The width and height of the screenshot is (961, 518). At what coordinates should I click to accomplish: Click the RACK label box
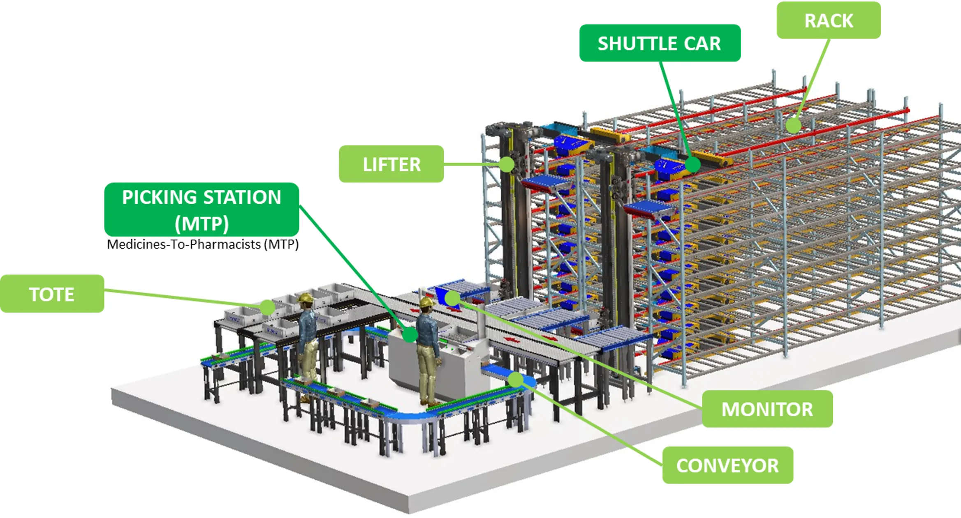coord(828,21)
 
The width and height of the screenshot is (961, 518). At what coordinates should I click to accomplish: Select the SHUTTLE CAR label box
coord(660,43)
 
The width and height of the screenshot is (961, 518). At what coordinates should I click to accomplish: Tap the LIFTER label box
coord(391,164)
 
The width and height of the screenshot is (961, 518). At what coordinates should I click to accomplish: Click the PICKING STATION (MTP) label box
coord(201,210)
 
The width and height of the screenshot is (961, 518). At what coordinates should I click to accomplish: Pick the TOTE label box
coord(52,294)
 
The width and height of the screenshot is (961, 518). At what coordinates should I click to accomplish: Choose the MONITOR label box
coord(767,409)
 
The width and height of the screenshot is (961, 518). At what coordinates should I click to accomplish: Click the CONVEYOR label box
coord(727,465)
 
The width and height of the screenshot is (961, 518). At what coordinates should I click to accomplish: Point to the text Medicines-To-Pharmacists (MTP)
coord(203,244)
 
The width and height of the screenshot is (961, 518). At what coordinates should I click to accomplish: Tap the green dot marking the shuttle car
coord(692,165)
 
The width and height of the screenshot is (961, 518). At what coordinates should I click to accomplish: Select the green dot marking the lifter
coord(507,164)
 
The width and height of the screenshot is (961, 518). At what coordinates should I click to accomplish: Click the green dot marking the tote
coord(267,307)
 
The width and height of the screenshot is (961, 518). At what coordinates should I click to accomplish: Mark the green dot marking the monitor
coord(452,298)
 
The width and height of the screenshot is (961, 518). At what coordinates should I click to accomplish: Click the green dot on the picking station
coord(410,335)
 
